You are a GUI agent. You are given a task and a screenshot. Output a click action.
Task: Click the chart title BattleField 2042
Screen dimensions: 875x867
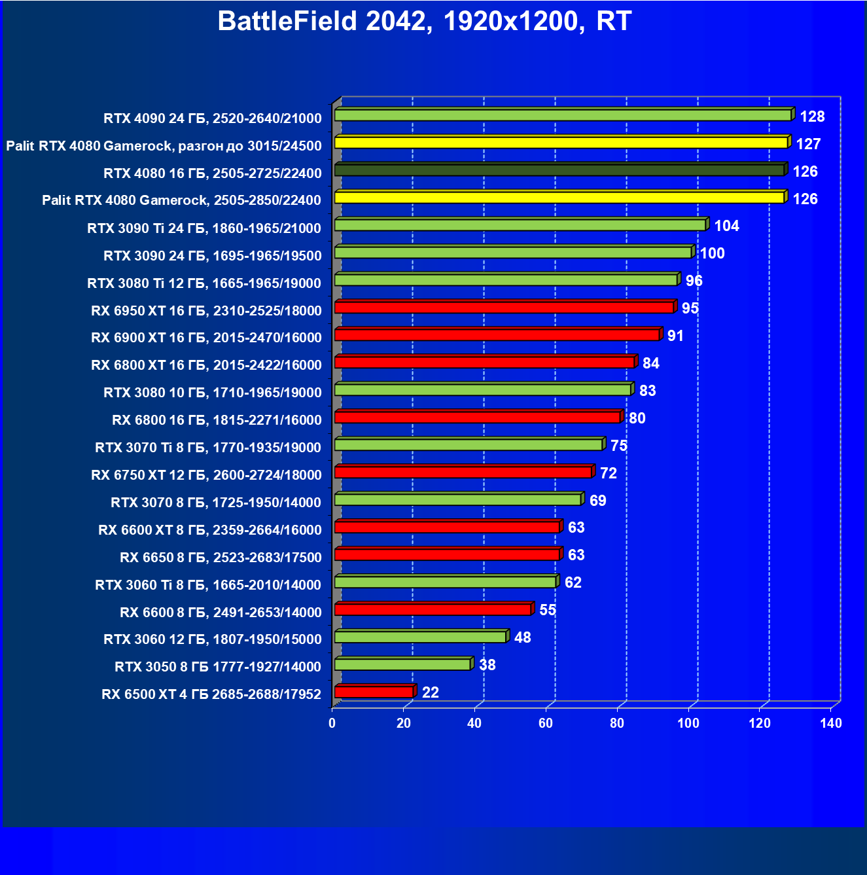(x=424, y=22)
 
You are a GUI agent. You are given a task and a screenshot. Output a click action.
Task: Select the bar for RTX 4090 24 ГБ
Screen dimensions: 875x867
(x=563, y=115)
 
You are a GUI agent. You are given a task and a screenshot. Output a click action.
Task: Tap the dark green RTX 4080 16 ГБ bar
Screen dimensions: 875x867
(x=559, y=170)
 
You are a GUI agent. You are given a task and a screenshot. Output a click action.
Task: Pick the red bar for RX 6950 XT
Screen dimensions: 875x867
(x=504, y=308)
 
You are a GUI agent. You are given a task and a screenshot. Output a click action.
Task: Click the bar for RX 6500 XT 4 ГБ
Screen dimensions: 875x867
(x=374, y=692)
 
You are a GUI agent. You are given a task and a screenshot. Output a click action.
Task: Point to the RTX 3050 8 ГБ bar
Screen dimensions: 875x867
(x=402, y=664)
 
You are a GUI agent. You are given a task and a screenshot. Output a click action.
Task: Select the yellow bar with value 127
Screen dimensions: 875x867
(x=561, y=143)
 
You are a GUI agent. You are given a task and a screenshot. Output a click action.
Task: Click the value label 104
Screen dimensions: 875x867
(x=726, y=226)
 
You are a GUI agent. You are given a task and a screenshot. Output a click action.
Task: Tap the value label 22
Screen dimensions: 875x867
(x=431, y=692)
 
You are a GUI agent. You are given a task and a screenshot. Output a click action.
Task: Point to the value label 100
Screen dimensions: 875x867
(x=713, y=253)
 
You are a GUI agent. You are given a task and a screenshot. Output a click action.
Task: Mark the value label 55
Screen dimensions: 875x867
(x=548, y=610)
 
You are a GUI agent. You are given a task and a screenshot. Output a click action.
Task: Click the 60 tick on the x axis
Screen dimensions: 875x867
(x=546, y=723)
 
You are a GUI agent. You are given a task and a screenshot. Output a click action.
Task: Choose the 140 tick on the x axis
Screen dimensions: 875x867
(x=831, y=723)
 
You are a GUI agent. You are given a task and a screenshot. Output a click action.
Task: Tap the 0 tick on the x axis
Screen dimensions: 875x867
(x=332, y=723)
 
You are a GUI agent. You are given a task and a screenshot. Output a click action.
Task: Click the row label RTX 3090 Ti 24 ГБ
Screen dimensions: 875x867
(x=204, y=228)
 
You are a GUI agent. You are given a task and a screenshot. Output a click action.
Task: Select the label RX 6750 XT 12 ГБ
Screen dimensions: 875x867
(x=206, y=475)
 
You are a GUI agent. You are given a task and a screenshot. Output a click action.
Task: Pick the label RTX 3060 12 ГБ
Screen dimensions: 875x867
(x=212, y=639)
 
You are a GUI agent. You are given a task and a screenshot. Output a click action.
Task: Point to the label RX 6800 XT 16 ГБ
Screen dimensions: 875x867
(x=206, y=365)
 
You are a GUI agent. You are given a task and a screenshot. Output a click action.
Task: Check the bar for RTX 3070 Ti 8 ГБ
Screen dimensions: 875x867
(x=469, y=445)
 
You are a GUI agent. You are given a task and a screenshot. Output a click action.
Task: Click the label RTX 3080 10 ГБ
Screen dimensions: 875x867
(x=212, y=393)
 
